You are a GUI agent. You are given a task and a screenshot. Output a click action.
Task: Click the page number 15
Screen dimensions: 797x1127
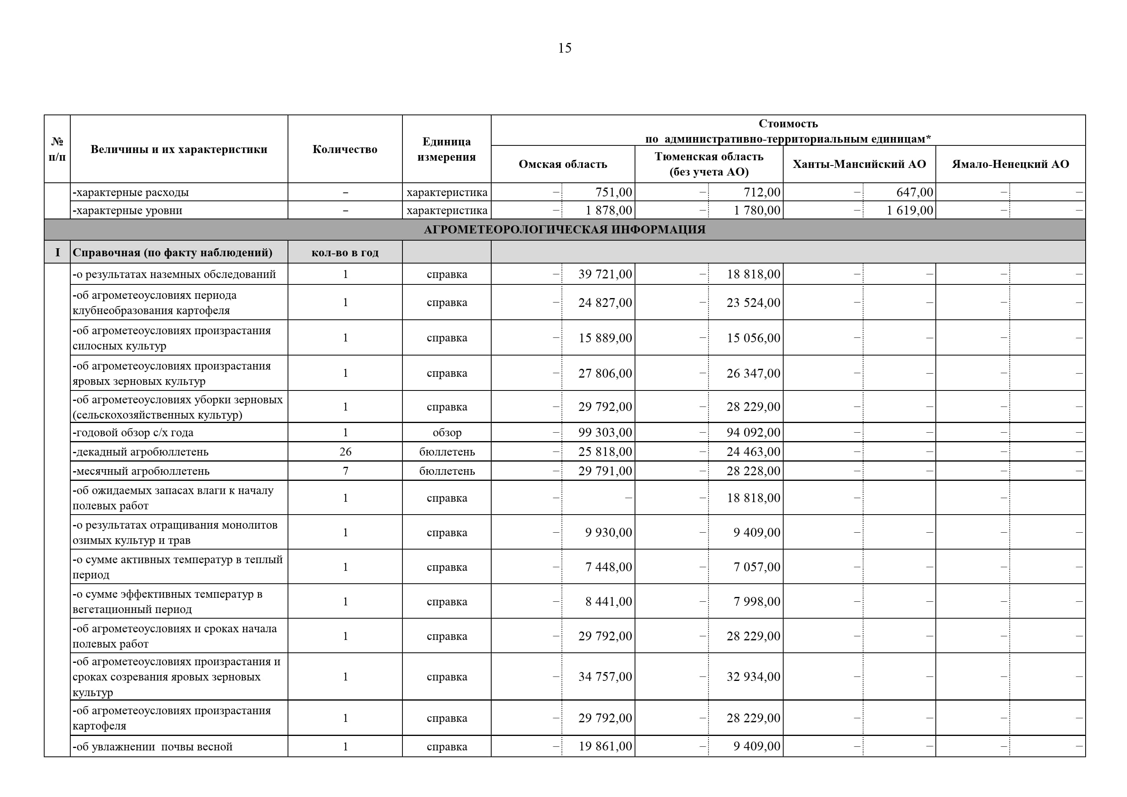pyautogui.click(x=564, y=48)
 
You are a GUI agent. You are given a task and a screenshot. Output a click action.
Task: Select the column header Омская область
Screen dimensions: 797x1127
pyautogui.click(x=563, y=164)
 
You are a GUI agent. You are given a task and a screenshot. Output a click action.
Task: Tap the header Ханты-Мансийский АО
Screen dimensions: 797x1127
pyautogui.click(x=859, y=164)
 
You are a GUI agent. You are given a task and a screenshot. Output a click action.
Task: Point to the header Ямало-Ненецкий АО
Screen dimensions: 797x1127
pyautogui.click(x=1010, y=164)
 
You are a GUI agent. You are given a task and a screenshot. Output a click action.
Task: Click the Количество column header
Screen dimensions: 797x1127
pyautogui.click(x=345, y=149)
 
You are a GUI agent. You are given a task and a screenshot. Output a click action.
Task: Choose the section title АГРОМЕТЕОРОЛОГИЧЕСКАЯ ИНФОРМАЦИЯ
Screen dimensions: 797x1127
pyautogui.click(x=564, y=229)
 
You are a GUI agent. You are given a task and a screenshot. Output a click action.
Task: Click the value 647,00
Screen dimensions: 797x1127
pyautogui.click(x=914, y=192)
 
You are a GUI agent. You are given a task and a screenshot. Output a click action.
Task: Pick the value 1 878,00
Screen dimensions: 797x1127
pyautogui.click(x=608, y=210)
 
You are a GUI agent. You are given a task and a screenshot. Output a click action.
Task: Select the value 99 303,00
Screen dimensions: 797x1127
pyautogui.click(x=605, y=432)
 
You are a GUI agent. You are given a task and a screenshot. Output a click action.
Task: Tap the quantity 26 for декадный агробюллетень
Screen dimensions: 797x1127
pyautogui.click(x=345, y=451)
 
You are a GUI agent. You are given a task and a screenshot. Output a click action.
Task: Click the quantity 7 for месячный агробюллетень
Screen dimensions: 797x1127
pyautogui.click(x=345, y=471)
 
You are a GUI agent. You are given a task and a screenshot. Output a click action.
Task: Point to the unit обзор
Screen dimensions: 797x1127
pyautogui.click(x=447, y=433)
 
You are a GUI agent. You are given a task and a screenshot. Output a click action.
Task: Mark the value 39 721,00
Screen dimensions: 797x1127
pyautogui.click(x=605, y=274)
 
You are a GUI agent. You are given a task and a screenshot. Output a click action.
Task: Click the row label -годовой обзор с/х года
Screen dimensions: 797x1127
pyautogui.click(x=133, y=433)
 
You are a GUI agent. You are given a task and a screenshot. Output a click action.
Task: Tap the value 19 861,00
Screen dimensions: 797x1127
pyautogui.click(x=605, y=746)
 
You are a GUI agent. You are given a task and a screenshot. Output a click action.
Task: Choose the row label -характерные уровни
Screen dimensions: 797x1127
pyautogui.click(x=128, y=210)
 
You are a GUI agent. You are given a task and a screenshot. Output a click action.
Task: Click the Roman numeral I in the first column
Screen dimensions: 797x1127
pyautogui.click(x=57, y=252)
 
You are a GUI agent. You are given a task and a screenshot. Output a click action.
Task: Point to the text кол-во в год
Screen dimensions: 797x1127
pyautogui.click(x=345, y=252)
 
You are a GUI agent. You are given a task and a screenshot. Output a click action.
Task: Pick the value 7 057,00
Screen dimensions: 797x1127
pyautogui.click(x=756, y=567)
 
